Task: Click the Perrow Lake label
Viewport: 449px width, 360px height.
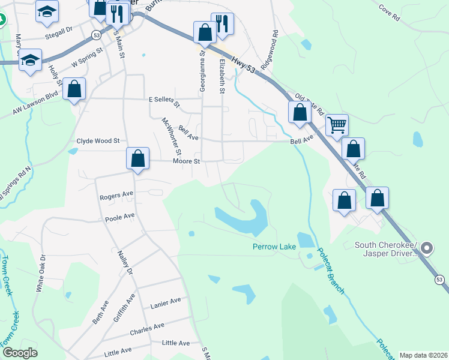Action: [x=274, y=247]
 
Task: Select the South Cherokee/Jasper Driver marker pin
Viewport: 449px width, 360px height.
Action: [x=427, y=247]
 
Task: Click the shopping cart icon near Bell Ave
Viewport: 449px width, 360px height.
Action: [x=337, y=125]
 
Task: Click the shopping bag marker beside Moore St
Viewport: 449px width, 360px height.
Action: [x=138, y=159]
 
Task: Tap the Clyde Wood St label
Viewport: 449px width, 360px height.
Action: [x=98, y=141]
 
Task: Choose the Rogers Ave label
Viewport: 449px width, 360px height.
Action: [x=116, y=195]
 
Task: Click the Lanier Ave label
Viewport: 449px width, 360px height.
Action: [x=166, y=301]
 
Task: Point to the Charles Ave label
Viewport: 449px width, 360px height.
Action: [x=147, y=329]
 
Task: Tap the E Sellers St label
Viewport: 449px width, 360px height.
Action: [x=164, y=101]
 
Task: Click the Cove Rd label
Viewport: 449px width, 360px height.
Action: [x=389, y=13]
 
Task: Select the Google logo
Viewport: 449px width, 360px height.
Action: [x=20, y=353]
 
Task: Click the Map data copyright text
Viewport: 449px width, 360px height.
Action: [x=423, y=355]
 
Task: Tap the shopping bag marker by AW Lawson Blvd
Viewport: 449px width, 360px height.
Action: [x=74, y=90]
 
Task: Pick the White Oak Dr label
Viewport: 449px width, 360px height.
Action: [x=41, y=272]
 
